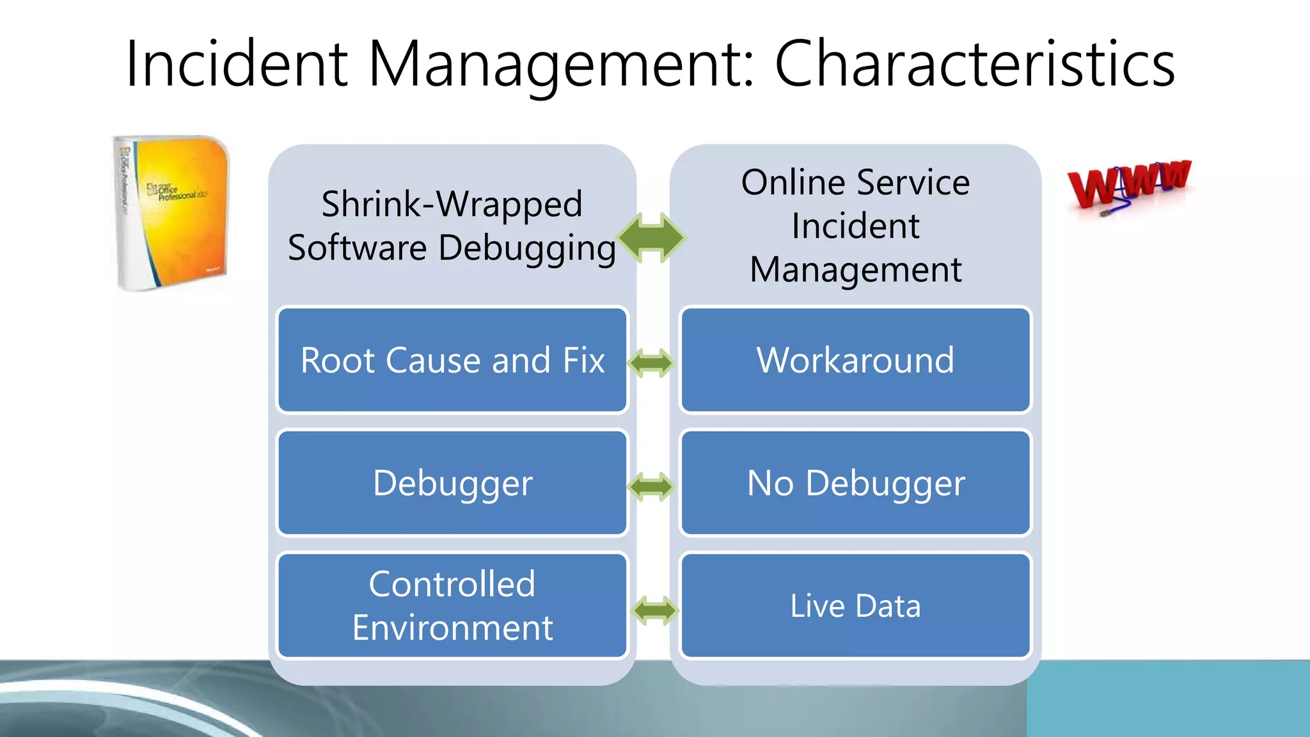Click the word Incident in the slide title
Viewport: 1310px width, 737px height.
236,64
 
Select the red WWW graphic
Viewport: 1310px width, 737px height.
1128,185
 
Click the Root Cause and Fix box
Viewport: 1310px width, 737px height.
452,360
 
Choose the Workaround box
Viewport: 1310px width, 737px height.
855,360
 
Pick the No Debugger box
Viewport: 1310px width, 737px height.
855,483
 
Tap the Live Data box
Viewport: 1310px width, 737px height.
855,606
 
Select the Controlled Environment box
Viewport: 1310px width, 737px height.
452,606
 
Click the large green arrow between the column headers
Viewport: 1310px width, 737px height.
652,238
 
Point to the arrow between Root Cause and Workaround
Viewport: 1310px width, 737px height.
651,363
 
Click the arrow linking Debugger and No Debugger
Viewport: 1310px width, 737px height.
651,487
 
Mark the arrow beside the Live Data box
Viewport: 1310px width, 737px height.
654,610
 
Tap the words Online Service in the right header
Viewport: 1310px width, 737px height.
855,183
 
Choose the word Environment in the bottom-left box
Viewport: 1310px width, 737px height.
452,628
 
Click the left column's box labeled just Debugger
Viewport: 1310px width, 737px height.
452,483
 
